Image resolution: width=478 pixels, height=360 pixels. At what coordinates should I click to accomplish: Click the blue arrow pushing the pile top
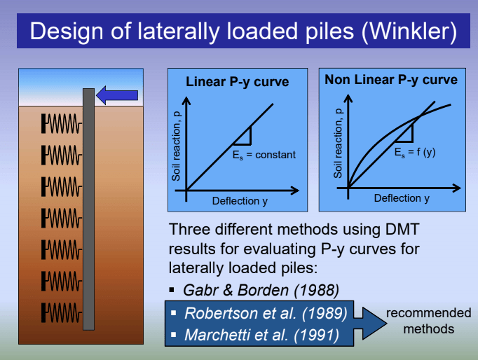coord(117,95)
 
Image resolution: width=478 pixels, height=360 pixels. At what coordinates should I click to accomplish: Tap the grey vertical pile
coord(88,209)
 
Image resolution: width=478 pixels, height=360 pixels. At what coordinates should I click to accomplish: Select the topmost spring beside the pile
coord(62,123)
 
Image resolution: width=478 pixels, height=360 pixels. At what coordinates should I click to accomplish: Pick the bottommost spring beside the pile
coord(62,312)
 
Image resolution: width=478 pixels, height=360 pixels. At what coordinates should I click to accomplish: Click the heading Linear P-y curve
coord(237,82)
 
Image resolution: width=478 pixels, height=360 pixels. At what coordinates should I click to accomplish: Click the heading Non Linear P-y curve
coord(391,80)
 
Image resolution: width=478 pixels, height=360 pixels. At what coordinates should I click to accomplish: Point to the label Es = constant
coord(264,155)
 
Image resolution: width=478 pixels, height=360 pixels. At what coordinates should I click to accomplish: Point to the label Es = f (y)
coord(415,152)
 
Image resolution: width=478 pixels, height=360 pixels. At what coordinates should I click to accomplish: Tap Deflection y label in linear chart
coord(240,201)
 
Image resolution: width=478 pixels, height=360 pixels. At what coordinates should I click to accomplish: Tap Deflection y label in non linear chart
coord(402,198)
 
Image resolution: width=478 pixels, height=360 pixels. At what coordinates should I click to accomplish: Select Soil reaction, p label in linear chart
coord(176,146)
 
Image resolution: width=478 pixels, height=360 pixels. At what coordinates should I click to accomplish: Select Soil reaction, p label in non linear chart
coord(338,143)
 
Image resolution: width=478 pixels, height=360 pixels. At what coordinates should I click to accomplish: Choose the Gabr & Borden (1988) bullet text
coord(261,290)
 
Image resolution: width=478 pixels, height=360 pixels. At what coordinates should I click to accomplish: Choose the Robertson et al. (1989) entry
coord(266,313)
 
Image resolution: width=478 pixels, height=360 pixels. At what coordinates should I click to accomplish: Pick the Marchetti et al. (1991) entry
coord(261,335)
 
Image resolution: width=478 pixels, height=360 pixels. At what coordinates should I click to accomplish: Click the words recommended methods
coord(429,321)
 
